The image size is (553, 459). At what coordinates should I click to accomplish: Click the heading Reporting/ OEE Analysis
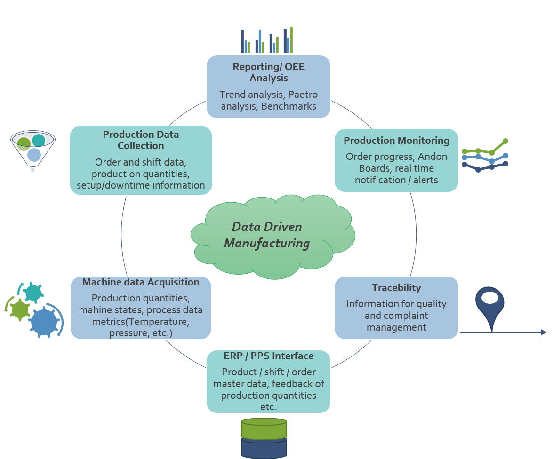coord(268,72)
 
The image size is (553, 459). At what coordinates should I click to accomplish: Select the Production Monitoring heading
coord(396,141)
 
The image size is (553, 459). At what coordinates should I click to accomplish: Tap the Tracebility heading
coord(396,288)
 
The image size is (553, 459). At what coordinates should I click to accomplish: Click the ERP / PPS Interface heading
coord(268,356)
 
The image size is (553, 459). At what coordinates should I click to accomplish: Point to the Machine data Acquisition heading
coord(141,282)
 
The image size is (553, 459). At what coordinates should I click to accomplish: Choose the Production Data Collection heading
coord(141,140)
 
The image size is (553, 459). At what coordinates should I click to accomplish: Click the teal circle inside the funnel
coord(39,140)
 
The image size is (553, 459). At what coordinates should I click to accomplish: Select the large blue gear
coord(44,321)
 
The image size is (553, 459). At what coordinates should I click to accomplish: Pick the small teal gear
coord(33,293)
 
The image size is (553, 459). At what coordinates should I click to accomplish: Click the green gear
coord(20,309)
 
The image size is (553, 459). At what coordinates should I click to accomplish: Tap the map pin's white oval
coord(490,298)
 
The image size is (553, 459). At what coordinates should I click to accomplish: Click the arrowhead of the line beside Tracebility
coord(544,332)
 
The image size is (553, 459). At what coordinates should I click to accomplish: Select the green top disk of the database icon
coord(264,428)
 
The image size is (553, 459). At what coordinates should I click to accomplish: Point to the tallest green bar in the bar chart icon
coord(291,40)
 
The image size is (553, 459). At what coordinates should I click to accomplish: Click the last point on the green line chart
coord(505,141)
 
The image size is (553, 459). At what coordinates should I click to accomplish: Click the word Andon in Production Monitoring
coord(432,157)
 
